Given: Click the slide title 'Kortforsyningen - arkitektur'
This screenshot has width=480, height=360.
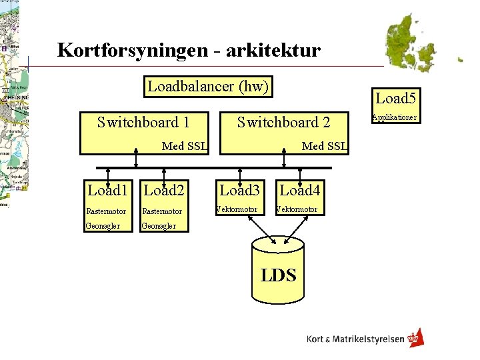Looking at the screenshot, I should click(x=189, y=50).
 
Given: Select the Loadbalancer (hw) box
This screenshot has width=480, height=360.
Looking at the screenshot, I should click(x=208, y=87).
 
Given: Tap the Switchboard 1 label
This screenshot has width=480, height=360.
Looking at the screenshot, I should click(x=143, y=122).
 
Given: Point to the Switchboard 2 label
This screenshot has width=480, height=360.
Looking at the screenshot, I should click(x=283, y=122).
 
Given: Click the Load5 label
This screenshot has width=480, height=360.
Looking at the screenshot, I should click(x=395, y=99).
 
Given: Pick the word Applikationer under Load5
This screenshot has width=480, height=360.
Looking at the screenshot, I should click(x=394, y=117).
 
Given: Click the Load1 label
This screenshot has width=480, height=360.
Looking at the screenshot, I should click(x=107, y=191).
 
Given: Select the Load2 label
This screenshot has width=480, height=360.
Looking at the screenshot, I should click(x=163, y=191).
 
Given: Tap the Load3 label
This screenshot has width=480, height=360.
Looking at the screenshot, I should click(x=239, y=191).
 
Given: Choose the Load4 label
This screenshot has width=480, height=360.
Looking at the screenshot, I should click(x=300, y=191).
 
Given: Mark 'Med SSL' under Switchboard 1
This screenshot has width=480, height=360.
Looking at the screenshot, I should click(x=185, y=146).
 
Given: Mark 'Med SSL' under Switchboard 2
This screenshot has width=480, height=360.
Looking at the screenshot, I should click(x=325, y=146).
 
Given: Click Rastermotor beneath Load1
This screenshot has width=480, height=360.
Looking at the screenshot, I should click(x=106, y=211).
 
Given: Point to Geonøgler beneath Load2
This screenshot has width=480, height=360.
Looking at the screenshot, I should click(x=159, y=226).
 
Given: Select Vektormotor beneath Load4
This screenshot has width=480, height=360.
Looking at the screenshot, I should click(x=298, y=210).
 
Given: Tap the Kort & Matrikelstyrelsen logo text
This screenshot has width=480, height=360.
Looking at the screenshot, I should click(x=355, y=339).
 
